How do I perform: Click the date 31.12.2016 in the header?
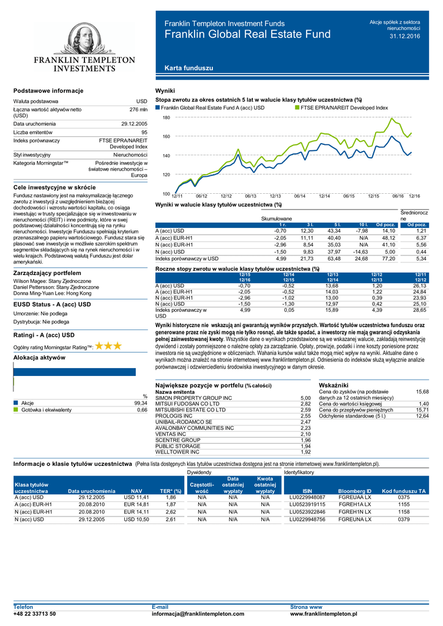[x=405, y=37]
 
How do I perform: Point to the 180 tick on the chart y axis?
[x=166, y=117]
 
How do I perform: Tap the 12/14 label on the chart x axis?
[x=324, y=195]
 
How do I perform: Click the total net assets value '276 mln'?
[x=139, y=109]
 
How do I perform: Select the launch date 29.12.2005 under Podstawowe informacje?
[x=135, y=123]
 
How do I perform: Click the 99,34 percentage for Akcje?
[x=141, y=403]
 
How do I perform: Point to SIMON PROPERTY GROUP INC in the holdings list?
[x=194, y=398]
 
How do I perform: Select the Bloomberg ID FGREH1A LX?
[x=355, y=505]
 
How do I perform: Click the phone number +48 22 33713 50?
[x=35, y=614]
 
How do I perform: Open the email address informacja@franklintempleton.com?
[x=197, y=614]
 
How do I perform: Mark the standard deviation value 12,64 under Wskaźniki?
[x=422, y=416]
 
